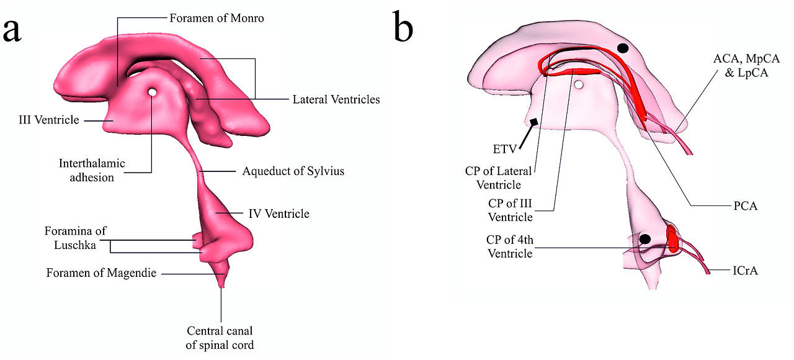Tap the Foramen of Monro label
(216, 19)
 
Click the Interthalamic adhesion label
(92, 171)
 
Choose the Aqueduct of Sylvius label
(293, 171)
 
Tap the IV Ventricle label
(278, 214)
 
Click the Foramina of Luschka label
(75, 238)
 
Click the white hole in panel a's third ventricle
(152, 92)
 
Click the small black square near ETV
(533, 122)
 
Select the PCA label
(745, 205)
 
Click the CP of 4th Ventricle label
(510, 246)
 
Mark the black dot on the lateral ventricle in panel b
(623, 48)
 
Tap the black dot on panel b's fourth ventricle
(645, 239)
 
